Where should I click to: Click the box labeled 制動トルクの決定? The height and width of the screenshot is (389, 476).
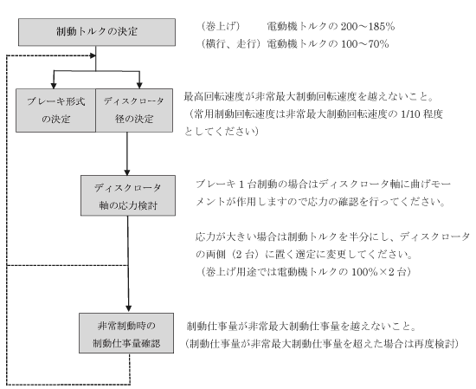(x=97, y=32)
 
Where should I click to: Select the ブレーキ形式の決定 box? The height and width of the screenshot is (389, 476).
(x=56, y=110)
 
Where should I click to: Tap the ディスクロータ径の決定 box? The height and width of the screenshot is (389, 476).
(x=134, y=110)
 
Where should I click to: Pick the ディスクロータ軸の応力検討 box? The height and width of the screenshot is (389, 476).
(x=128, y=196)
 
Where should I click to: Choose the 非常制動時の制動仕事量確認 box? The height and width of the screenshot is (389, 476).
(x=126, y=333)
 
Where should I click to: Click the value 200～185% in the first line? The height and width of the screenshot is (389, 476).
(x=368, y=27)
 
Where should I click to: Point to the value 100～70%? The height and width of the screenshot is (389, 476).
(x=365, y=44)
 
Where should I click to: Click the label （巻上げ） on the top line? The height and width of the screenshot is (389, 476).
(x=220, y=27)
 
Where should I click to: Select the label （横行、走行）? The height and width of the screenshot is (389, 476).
(x=231, y=44)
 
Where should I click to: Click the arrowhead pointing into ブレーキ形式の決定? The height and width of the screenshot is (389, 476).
(x=54, y=85)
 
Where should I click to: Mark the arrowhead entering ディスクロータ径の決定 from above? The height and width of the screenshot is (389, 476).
(x=139, y=85)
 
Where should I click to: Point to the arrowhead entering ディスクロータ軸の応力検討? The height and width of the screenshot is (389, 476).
(x=127, y=172)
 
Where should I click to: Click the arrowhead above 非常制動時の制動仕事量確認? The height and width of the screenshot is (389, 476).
(x=128, y=308)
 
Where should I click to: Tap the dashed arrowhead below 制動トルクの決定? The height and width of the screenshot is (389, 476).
(x=93, y=55)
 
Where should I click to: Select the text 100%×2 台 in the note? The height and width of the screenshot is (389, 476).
(x=379, y=272)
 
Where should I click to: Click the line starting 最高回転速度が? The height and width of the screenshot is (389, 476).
(x=308, y=97)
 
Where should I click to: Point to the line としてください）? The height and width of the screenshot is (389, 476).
(x=222, y=132)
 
